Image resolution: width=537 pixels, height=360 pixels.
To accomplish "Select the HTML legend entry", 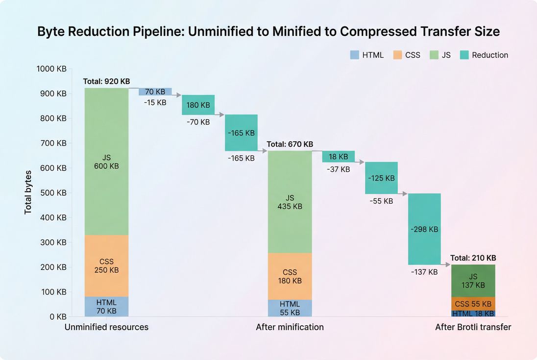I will [x=367, y=55].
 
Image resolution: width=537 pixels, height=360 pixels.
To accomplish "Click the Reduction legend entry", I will [x=484, y=55].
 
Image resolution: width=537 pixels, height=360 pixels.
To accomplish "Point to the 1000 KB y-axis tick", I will [x=51, y=69].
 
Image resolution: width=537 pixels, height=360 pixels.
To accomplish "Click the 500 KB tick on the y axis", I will [x=53, y=192].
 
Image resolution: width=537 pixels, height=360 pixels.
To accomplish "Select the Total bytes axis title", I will [x=28, y=192].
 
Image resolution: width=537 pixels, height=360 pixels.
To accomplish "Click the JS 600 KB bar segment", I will [x=106, y=162].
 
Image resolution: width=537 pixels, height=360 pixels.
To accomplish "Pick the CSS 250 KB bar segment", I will [x=106, y=265].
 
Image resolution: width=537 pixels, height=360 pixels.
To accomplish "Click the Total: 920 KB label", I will [x=106, y=81].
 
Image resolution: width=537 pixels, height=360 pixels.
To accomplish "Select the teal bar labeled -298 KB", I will [x=424, y=229].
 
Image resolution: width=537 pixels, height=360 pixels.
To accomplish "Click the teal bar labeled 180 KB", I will [x=198, y=105].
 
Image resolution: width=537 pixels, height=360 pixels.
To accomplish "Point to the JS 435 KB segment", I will [x=290, y=202].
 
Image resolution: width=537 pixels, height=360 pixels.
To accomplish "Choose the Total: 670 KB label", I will [x=290, y=144].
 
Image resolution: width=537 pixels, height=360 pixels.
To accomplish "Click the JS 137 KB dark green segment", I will [x=473, y=281].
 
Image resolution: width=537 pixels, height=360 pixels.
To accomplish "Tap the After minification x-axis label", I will [x=290, y=327].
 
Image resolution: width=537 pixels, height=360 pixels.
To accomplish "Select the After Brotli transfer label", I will [x=473, y=327].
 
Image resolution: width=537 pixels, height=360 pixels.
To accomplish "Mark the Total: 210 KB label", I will [x=473, y=258].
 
